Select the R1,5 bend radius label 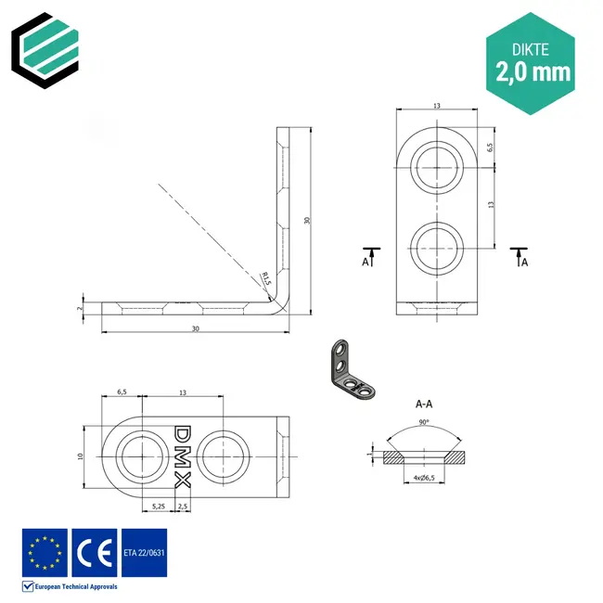tap(267, 278)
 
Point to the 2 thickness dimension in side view tap(81, 308)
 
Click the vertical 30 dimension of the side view tap(305, 221)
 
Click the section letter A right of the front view tap(524, 263)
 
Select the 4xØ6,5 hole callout tap(425, 478)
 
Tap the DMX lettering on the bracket tap(182, 456)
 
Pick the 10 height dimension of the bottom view tap(81, 456)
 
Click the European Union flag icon tap(45, 552)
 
